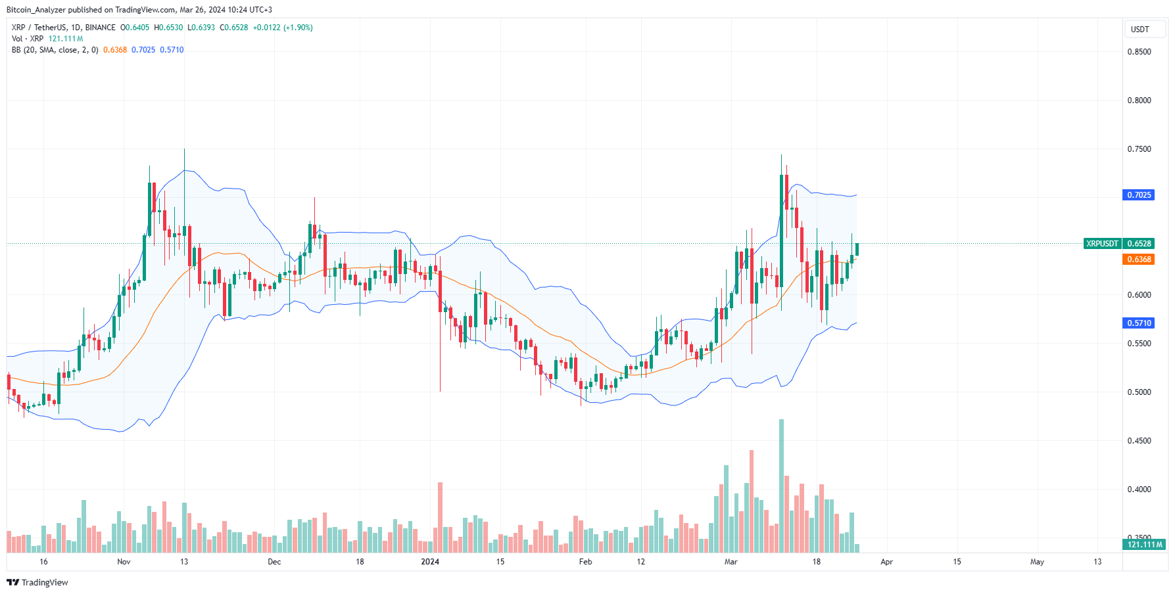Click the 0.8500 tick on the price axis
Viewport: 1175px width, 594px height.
[1139, 52]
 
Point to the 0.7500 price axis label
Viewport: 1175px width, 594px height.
[1139, 149]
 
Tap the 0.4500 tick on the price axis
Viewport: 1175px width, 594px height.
[1139, 441]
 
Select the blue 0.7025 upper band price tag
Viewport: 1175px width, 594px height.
[1139, 195]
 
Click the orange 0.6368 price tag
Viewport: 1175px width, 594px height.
[1139, 260]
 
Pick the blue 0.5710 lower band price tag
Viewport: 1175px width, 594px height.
[1139, 323]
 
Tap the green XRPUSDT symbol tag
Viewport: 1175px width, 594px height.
[1102, 244]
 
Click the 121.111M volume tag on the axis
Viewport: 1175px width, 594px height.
[1144, 545]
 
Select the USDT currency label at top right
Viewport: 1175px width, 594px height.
[1139, 30]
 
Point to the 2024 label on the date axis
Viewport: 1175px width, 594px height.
[430, 562]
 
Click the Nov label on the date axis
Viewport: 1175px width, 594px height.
[124, 562]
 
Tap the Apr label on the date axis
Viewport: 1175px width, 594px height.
[886, 562]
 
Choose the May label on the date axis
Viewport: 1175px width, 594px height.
[1037, 562]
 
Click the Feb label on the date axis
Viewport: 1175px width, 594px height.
[585, 562]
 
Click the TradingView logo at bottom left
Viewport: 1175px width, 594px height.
[37, 583]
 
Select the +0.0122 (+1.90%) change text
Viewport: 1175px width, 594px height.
[283, 28]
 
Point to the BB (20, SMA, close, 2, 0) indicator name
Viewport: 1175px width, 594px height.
[55, 50]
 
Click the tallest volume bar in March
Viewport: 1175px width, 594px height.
[781, 486]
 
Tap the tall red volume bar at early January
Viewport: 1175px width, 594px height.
[440, 518]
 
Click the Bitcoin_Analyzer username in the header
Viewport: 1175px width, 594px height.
[36, 10]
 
